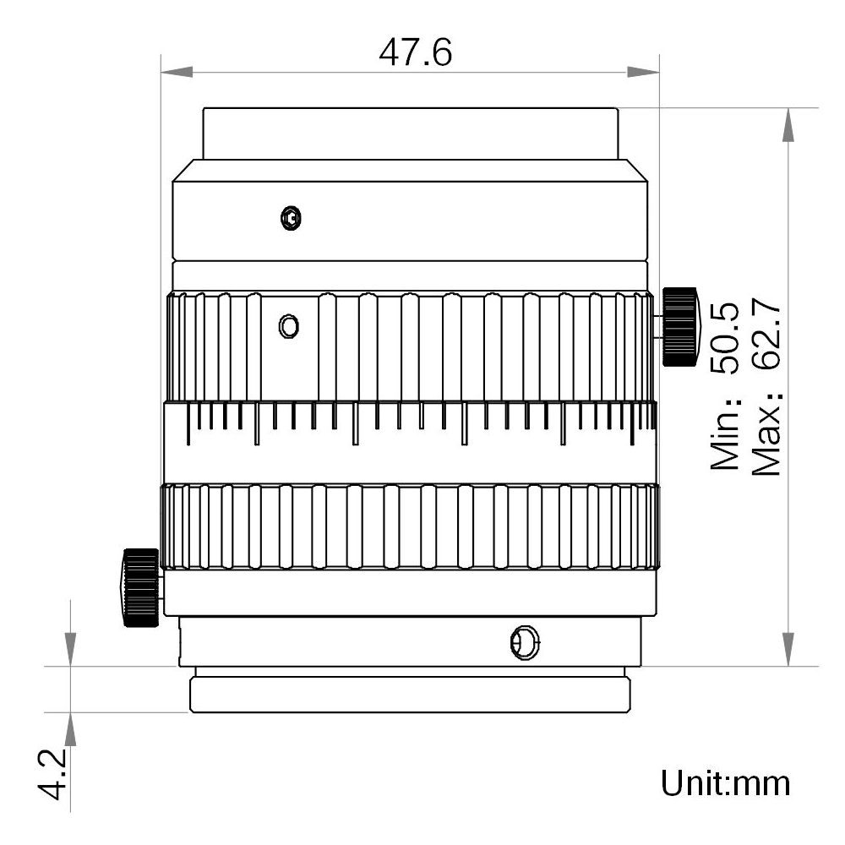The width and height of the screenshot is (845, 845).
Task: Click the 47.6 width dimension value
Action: tap(415, 52)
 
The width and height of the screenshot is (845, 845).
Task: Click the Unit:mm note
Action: tap(726, 782)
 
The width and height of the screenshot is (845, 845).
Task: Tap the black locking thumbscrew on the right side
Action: tap(680, 326)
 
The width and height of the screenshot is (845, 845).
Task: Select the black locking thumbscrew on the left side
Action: tap(140, 587)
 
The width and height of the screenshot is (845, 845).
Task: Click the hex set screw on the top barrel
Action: tap(291, 218)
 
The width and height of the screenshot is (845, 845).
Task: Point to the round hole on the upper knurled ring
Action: tap(288, 324)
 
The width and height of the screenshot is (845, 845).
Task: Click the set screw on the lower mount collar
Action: tap(524, 643)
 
